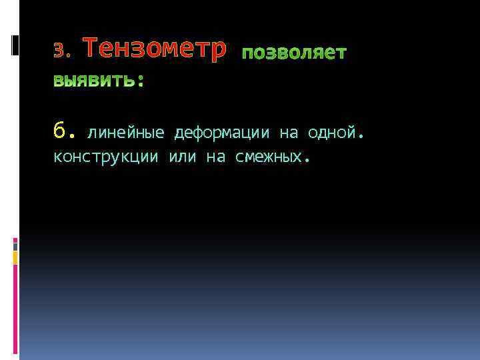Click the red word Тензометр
coord(155,50)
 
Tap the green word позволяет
coord(293,53)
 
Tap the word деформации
coord(222,133)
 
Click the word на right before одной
coord(288,133)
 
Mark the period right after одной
coord(361,136)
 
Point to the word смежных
coord(268,157)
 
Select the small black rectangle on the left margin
coord(15,44)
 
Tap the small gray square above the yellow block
coord(15,244)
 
